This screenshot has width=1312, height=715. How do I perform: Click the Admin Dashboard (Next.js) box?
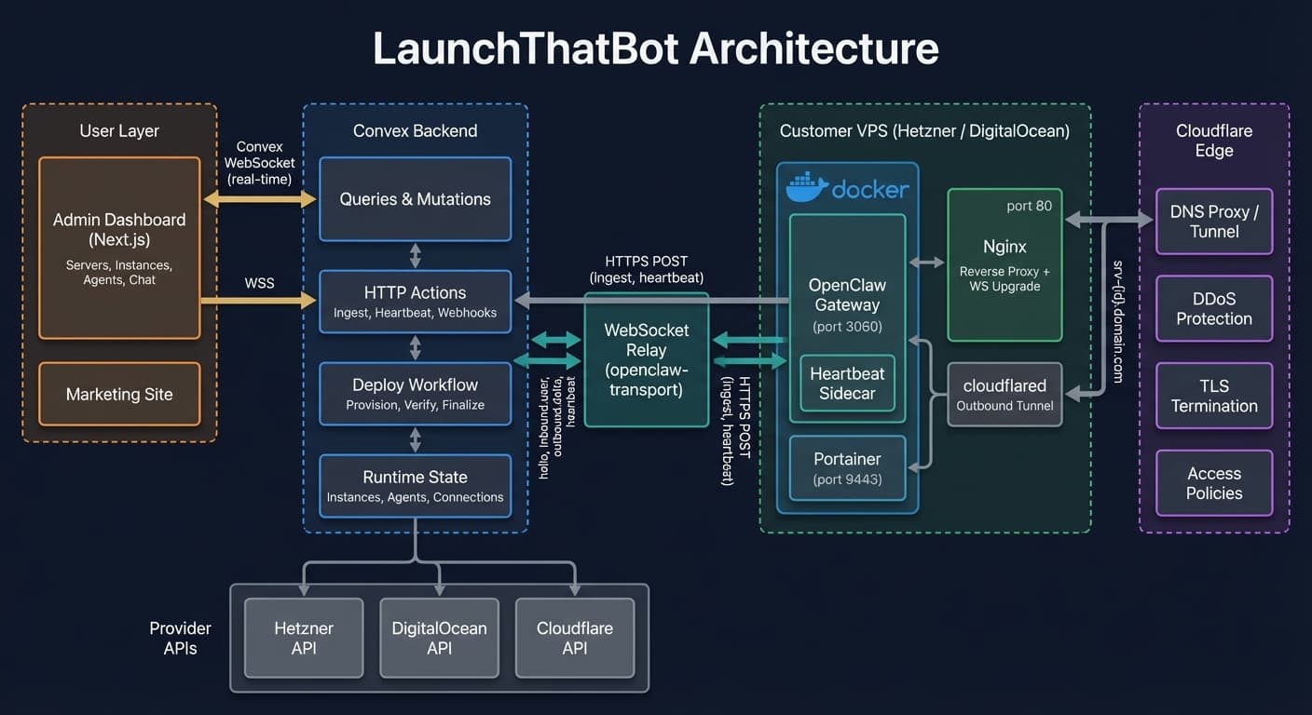point(119,248)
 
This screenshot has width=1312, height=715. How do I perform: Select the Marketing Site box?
point(119,394)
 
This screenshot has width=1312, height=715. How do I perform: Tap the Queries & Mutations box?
point(415,199)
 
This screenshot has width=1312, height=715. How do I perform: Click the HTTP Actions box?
point(415,302)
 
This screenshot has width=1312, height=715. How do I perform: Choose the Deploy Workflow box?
point(415,394)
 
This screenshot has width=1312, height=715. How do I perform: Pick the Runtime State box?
point(415,486)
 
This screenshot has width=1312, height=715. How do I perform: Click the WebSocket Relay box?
point(646,359)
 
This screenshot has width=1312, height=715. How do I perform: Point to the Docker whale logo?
point(807,187)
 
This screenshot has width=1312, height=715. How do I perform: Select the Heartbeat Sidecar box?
point(847,383)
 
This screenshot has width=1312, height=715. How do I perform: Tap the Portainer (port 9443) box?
point(847,468)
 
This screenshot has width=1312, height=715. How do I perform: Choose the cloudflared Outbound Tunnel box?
point(1004,395)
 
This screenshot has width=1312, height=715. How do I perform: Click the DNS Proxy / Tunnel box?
point(1213,222)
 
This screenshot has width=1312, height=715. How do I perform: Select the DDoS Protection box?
point(1213,308)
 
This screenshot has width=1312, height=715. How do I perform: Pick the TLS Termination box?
point(1213,396)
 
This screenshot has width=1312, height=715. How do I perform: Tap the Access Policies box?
point(1213,483)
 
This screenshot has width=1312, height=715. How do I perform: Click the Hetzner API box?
point(304,638)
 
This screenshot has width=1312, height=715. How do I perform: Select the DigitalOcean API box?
point(439,638)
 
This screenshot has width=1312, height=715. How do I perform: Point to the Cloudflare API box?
point(575,638)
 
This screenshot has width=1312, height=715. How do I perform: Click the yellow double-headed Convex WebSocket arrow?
point(260,198)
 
